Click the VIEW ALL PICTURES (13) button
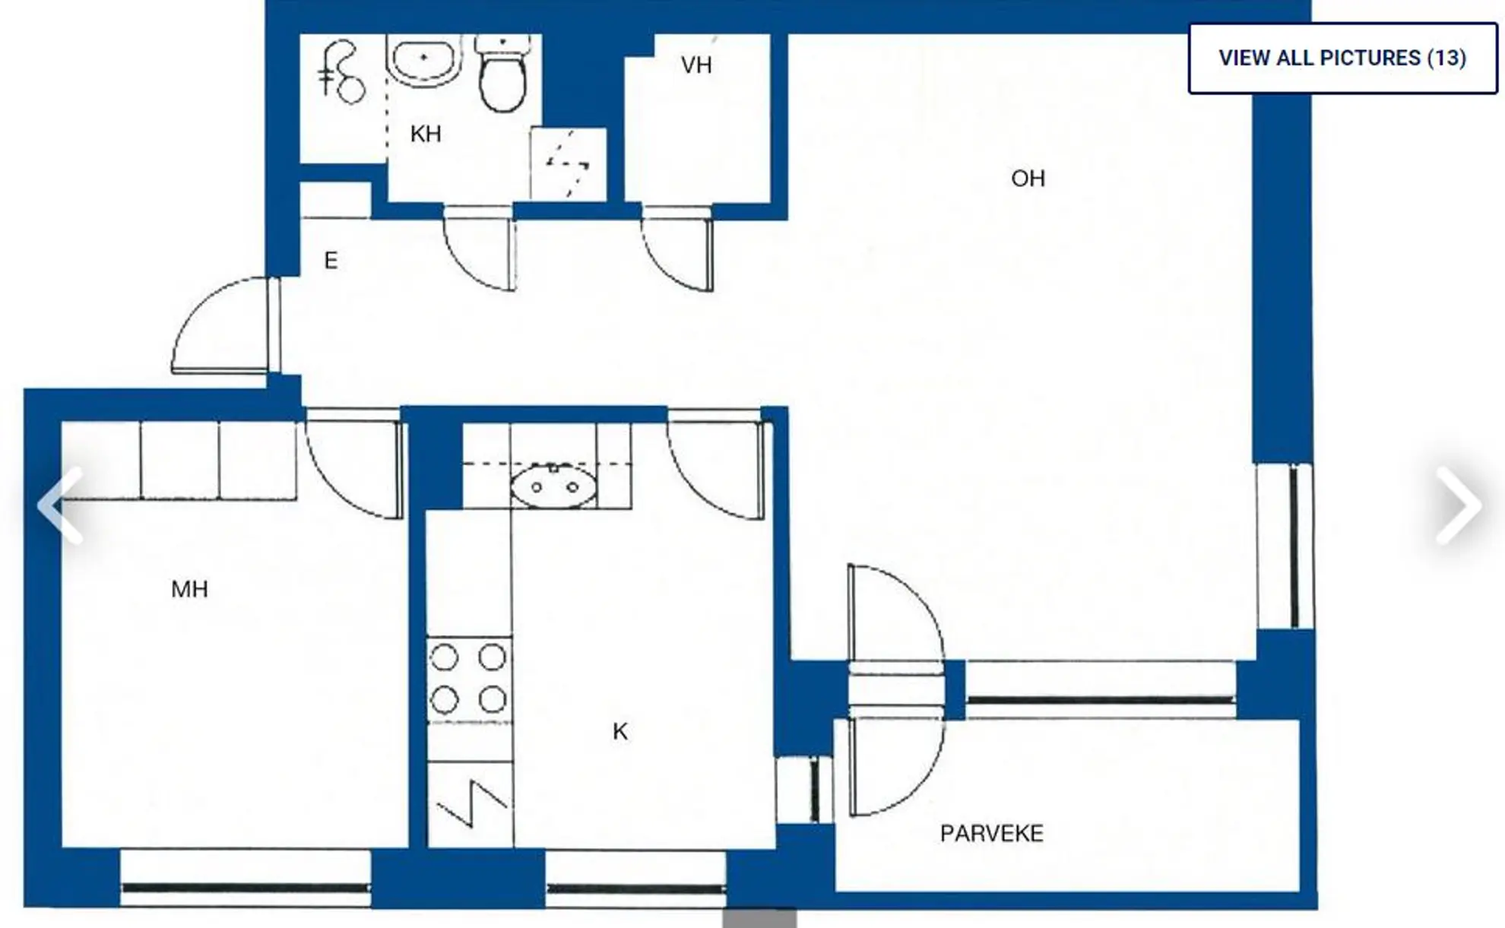click(1342, 59)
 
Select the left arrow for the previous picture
click(60, 505)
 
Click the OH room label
click(1028, 179)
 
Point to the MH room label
click(189, 589)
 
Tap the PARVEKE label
click(991, 834)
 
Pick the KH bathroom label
click(425, 135)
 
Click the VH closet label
click(696, 65)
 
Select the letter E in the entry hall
click(331, 261)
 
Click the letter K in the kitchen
click(619, 731)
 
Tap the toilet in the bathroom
click(502, 73)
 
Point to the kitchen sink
click(553, 486)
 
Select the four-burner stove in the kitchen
click(469, 679)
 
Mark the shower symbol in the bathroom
click(568, 163)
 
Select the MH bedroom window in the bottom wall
click(246, 887)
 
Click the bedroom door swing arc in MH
click(339, 486)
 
